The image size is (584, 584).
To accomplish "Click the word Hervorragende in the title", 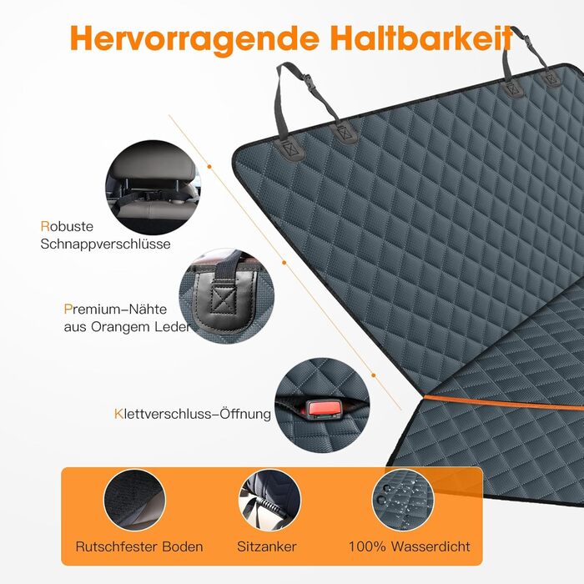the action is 194,39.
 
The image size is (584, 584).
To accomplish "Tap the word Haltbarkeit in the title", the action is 421,38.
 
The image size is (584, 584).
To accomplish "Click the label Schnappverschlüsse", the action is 105,244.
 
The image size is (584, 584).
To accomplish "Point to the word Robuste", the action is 67,226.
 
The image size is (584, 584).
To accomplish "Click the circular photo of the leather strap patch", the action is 226,295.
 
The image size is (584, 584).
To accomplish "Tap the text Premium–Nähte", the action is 115,310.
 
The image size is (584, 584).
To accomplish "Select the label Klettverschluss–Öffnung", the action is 193,414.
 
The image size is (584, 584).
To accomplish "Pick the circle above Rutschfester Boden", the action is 135,501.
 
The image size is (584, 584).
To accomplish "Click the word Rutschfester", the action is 116,546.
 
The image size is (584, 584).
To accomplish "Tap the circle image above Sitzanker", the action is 269,501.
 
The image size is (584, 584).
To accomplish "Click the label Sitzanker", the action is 267,546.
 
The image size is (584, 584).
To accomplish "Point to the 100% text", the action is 367,546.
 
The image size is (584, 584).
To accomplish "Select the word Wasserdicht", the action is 431,546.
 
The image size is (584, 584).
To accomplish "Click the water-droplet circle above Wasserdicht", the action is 403,501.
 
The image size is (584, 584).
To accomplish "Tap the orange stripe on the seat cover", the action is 503,403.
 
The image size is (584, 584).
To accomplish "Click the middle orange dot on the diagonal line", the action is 284,263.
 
